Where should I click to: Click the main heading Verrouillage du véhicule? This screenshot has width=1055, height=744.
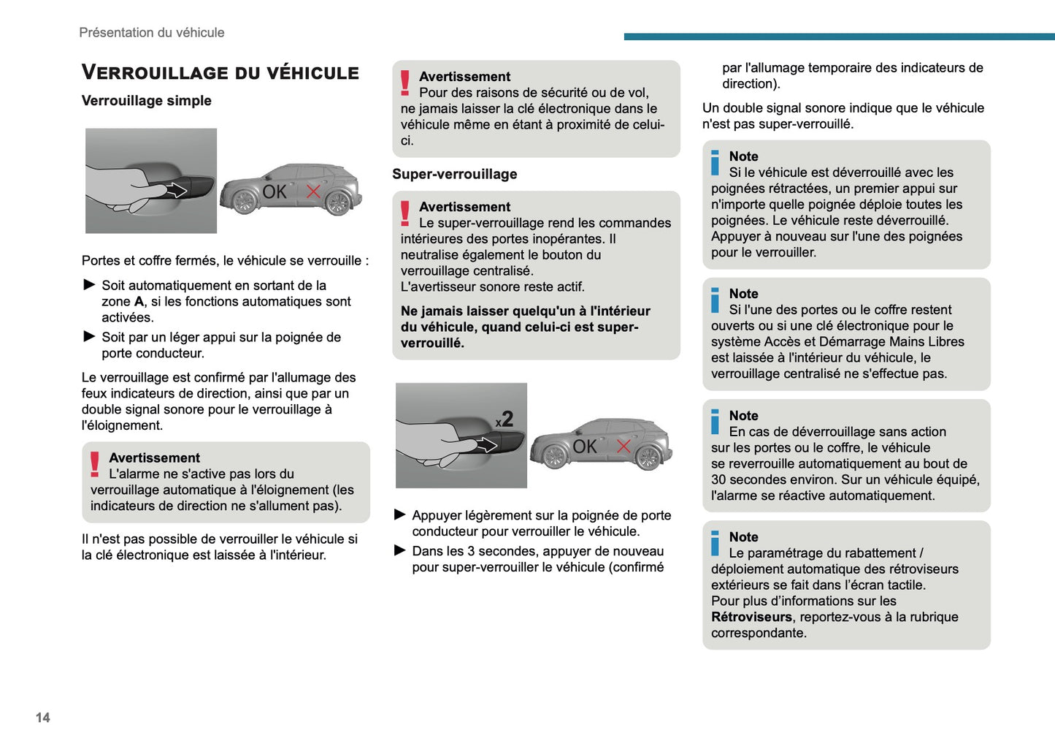click(220, 72)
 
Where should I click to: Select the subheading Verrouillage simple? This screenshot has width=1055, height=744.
click(146, 101)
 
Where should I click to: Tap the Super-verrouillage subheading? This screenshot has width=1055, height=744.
click(454, 174)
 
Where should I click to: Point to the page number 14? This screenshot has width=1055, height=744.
click(42, 718)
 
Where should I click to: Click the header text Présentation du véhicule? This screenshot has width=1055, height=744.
click(151, 32)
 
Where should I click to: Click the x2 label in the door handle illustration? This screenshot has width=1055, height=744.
click(505, 420)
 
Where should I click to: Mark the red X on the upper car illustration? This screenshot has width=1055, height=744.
click(313, 191)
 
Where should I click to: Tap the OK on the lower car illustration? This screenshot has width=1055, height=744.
click(585, 447)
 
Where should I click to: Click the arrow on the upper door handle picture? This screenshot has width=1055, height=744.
click(177, 191)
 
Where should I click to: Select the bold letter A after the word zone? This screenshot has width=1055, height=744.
click(139, 302)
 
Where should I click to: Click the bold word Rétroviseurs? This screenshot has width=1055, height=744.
click(751, 617)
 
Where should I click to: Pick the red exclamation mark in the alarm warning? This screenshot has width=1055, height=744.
click(95, 465)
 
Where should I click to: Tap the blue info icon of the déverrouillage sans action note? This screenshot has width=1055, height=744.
click(716, 422)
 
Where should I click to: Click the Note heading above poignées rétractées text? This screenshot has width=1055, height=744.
click(743, 156)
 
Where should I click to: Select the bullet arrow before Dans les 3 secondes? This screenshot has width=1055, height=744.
click(400, 550)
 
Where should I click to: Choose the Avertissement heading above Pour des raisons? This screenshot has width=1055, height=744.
click(464, 77)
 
